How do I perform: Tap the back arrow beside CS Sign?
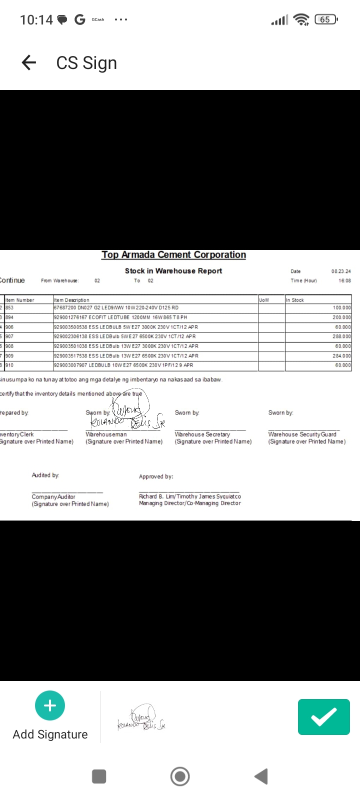29,62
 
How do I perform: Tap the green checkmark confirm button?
323,717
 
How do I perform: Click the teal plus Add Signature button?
50,705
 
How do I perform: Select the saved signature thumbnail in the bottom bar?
141,718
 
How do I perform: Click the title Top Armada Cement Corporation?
173,255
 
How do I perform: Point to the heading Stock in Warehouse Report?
173,271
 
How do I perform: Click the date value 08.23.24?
341,271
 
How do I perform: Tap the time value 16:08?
344,280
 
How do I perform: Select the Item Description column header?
71,300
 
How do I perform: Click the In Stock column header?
295,300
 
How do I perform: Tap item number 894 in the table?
10,317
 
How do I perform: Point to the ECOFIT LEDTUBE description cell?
120,317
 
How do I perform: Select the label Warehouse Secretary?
202,434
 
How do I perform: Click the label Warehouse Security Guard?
302,434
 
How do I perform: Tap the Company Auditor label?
53,497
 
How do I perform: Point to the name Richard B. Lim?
151,496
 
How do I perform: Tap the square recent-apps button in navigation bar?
99,776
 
